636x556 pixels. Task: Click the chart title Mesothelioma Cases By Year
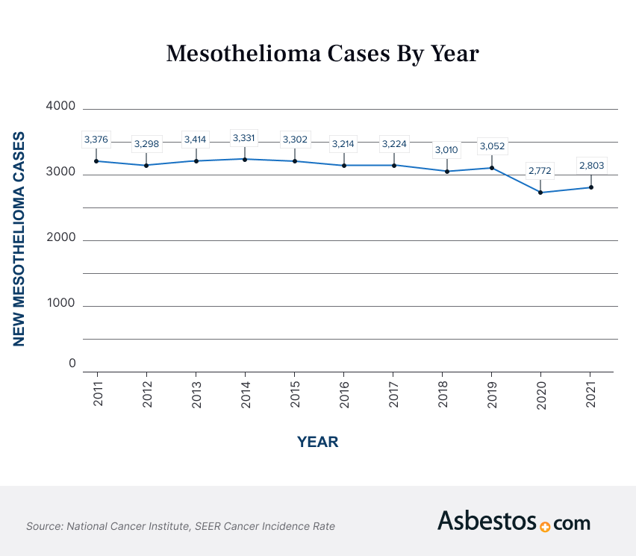point(322,54)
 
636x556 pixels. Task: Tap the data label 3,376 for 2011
point(96,139)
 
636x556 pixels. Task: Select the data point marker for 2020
point(540,193)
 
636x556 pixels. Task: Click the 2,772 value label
point(540,171)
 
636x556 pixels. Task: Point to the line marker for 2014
point(245,159)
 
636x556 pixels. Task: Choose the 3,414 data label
point(196,139)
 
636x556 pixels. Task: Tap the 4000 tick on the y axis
point(61,106)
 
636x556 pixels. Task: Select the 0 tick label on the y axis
point(72,363)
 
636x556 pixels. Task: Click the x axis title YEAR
point(317,442)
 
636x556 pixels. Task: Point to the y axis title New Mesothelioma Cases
point(19,239)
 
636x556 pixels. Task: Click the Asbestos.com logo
point(514,522)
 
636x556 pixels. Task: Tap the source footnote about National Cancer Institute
point(181,526)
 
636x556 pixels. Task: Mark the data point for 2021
point(590,187)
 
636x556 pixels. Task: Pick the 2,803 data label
point(590,165)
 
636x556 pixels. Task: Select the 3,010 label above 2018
point(446,150)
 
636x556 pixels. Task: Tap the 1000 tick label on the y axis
point(61,303)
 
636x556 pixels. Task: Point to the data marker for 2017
point(393,165)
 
